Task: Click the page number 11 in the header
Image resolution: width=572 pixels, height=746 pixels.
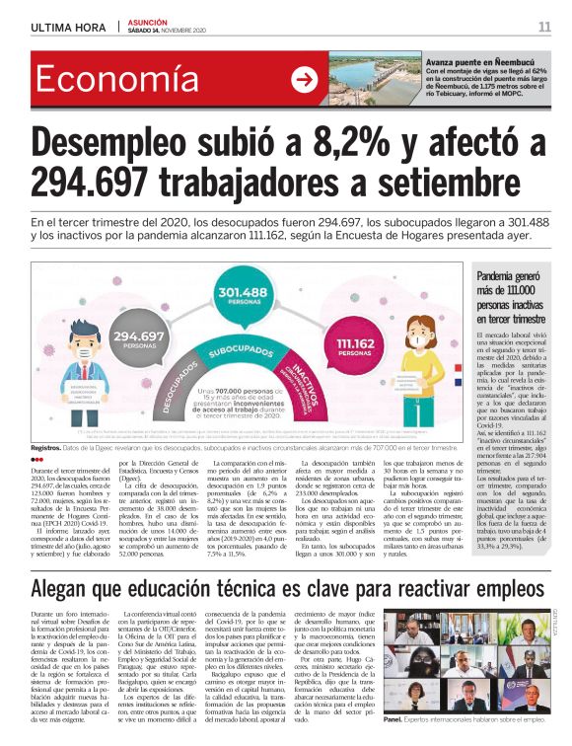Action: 544,26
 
